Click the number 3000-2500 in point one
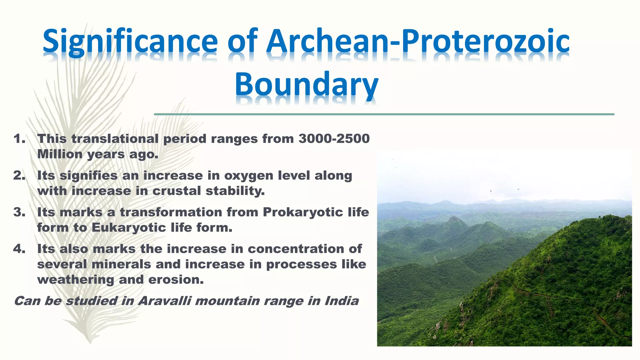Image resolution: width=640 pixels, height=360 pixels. tap(334, 139)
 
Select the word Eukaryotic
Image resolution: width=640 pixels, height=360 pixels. tap(129, 227)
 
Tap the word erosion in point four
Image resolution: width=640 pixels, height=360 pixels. tap(176, 280)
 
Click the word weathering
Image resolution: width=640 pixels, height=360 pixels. tap(75, 280)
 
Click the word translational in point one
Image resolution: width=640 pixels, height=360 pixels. tap(115, 139)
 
